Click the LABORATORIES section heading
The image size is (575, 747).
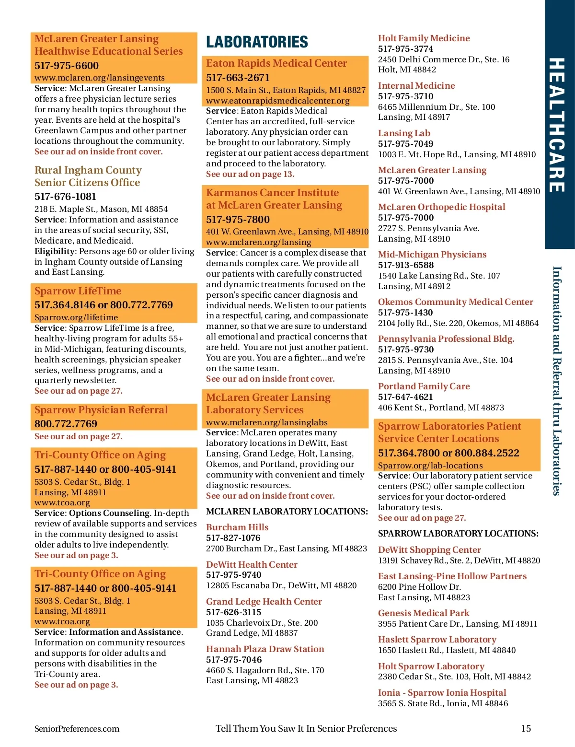257,42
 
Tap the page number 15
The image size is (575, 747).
526,728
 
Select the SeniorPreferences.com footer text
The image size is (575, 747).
77,729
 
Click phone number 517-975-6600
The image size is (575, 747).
67,66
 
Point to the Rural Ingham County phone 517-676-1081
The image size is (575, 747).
65,197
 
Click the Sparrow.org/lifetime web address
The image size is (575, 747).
76,317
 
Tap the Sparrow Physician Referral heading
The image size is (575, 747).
101,410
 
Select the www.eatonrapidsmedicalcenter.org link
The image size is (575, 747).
278,101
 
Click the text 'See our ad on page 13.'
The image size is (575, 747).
250,174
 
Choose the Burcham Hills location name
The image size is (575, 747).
237,527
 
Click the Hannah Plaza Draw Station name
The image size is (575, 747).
265,649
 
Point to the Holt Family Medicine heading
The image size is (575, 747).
424,38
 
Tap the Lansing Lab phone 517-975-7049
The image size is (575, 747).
405,144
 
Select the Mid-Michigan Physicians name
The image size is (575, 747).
432,255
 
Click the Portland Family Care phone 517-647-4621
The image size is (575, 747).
405,397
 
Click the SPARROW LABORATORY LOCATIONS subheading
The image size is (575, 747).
458,534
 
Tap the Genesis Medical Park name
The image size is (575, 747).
424,613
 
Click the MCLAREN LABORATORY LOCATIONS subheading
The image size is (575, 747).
287,512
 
